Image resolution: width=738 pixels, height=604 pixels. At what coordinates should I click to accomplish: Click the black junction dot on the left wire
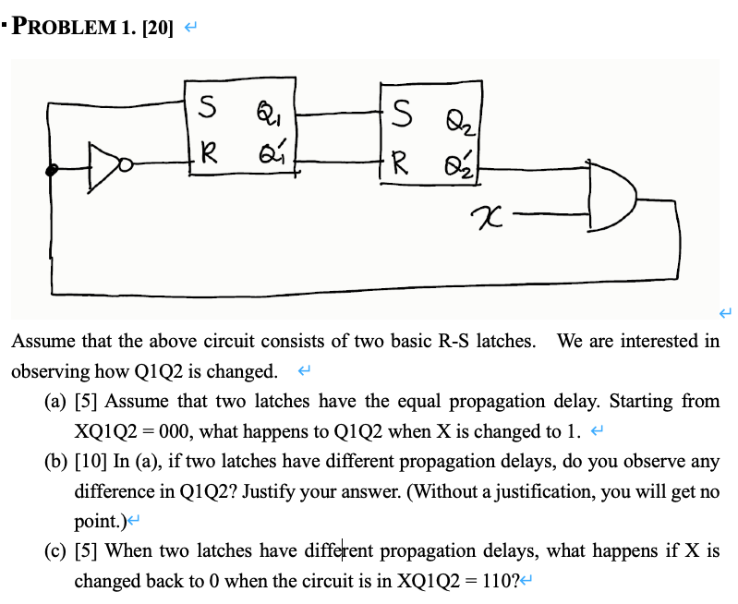[x=54, y=169]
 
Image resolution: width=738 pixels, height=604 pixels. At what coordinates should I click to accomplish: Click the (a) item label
[x=54, y=402]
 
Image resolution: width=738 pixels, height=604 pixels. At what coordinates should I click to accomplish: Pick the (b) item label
[x=55, y=461]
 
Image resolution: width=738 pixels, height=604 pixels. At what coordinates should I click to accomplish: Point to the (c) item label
[x=54, y=551]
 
